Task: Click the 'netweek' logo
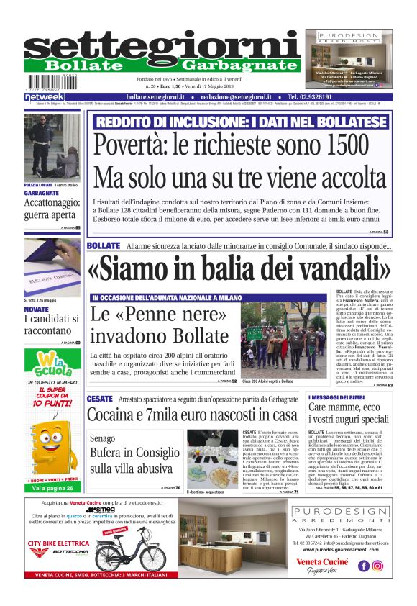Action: pos(44,96)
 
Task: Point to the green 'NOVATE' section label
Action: pos(37,309)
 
